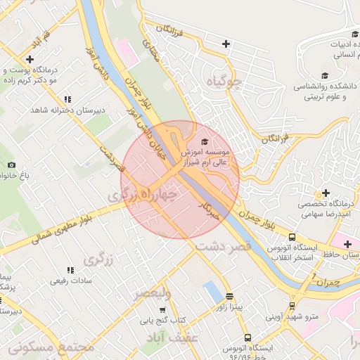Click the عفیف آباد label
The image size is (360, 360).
point(172,339)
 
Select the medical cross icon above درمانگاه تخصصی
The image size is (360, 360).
point(325,193)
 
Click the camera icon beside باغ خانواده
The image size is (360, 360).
point(11,165)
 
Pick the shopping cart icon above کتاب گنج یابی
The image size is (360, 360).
point(162,309)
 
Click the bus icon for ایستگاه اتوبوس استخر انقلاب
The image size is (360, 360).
point(292,237)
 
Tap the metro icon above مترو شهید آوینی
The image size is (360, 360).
point(292,305)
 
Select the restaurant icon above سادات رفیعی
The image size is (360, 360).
point(70,269)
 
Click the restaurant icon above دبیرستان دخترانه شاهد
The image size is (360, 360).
point(67,99)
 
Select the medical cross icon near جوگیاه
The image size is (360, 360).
point(226,44)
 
